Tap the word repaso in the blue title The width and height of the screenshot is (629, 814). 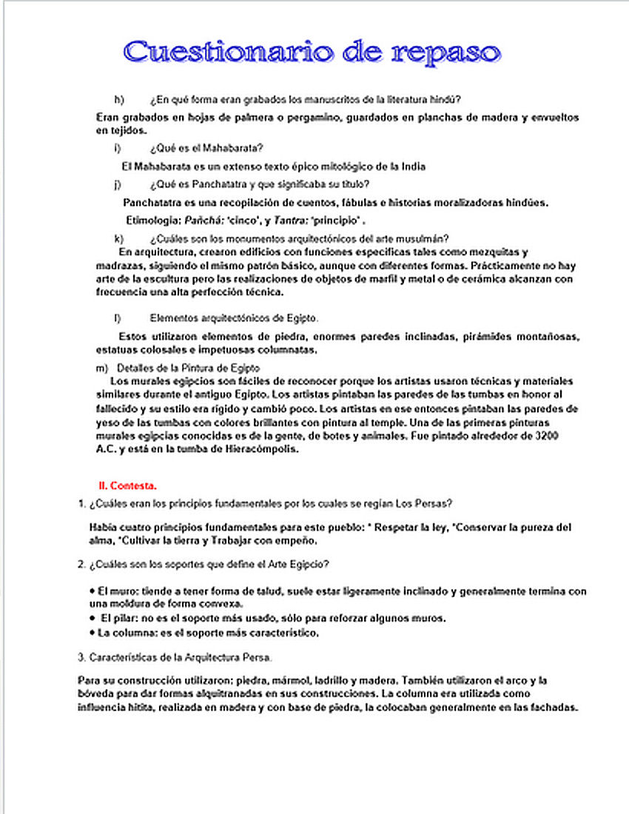click(446, 53)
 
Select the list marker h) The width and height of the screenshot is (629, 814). click(118, 99)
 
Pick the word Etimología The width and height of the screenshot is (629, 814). click(152, 220)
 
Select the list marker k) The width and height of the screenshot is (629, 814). click(118, 238)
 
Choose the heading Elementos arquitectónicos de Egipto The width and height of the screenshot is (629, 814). click(234, 318)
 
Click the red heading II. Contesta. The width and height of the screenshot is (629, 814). click(127, 485)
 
